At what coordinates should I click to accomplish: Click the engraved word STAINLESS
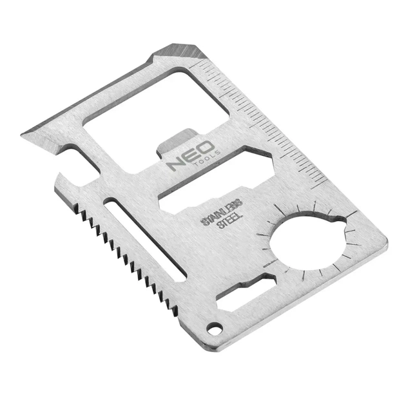point(222,212)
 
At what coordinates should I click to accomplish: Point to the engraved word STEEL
point(231,222)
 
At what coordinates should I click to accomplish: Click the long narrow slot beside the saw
point(144,240)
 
